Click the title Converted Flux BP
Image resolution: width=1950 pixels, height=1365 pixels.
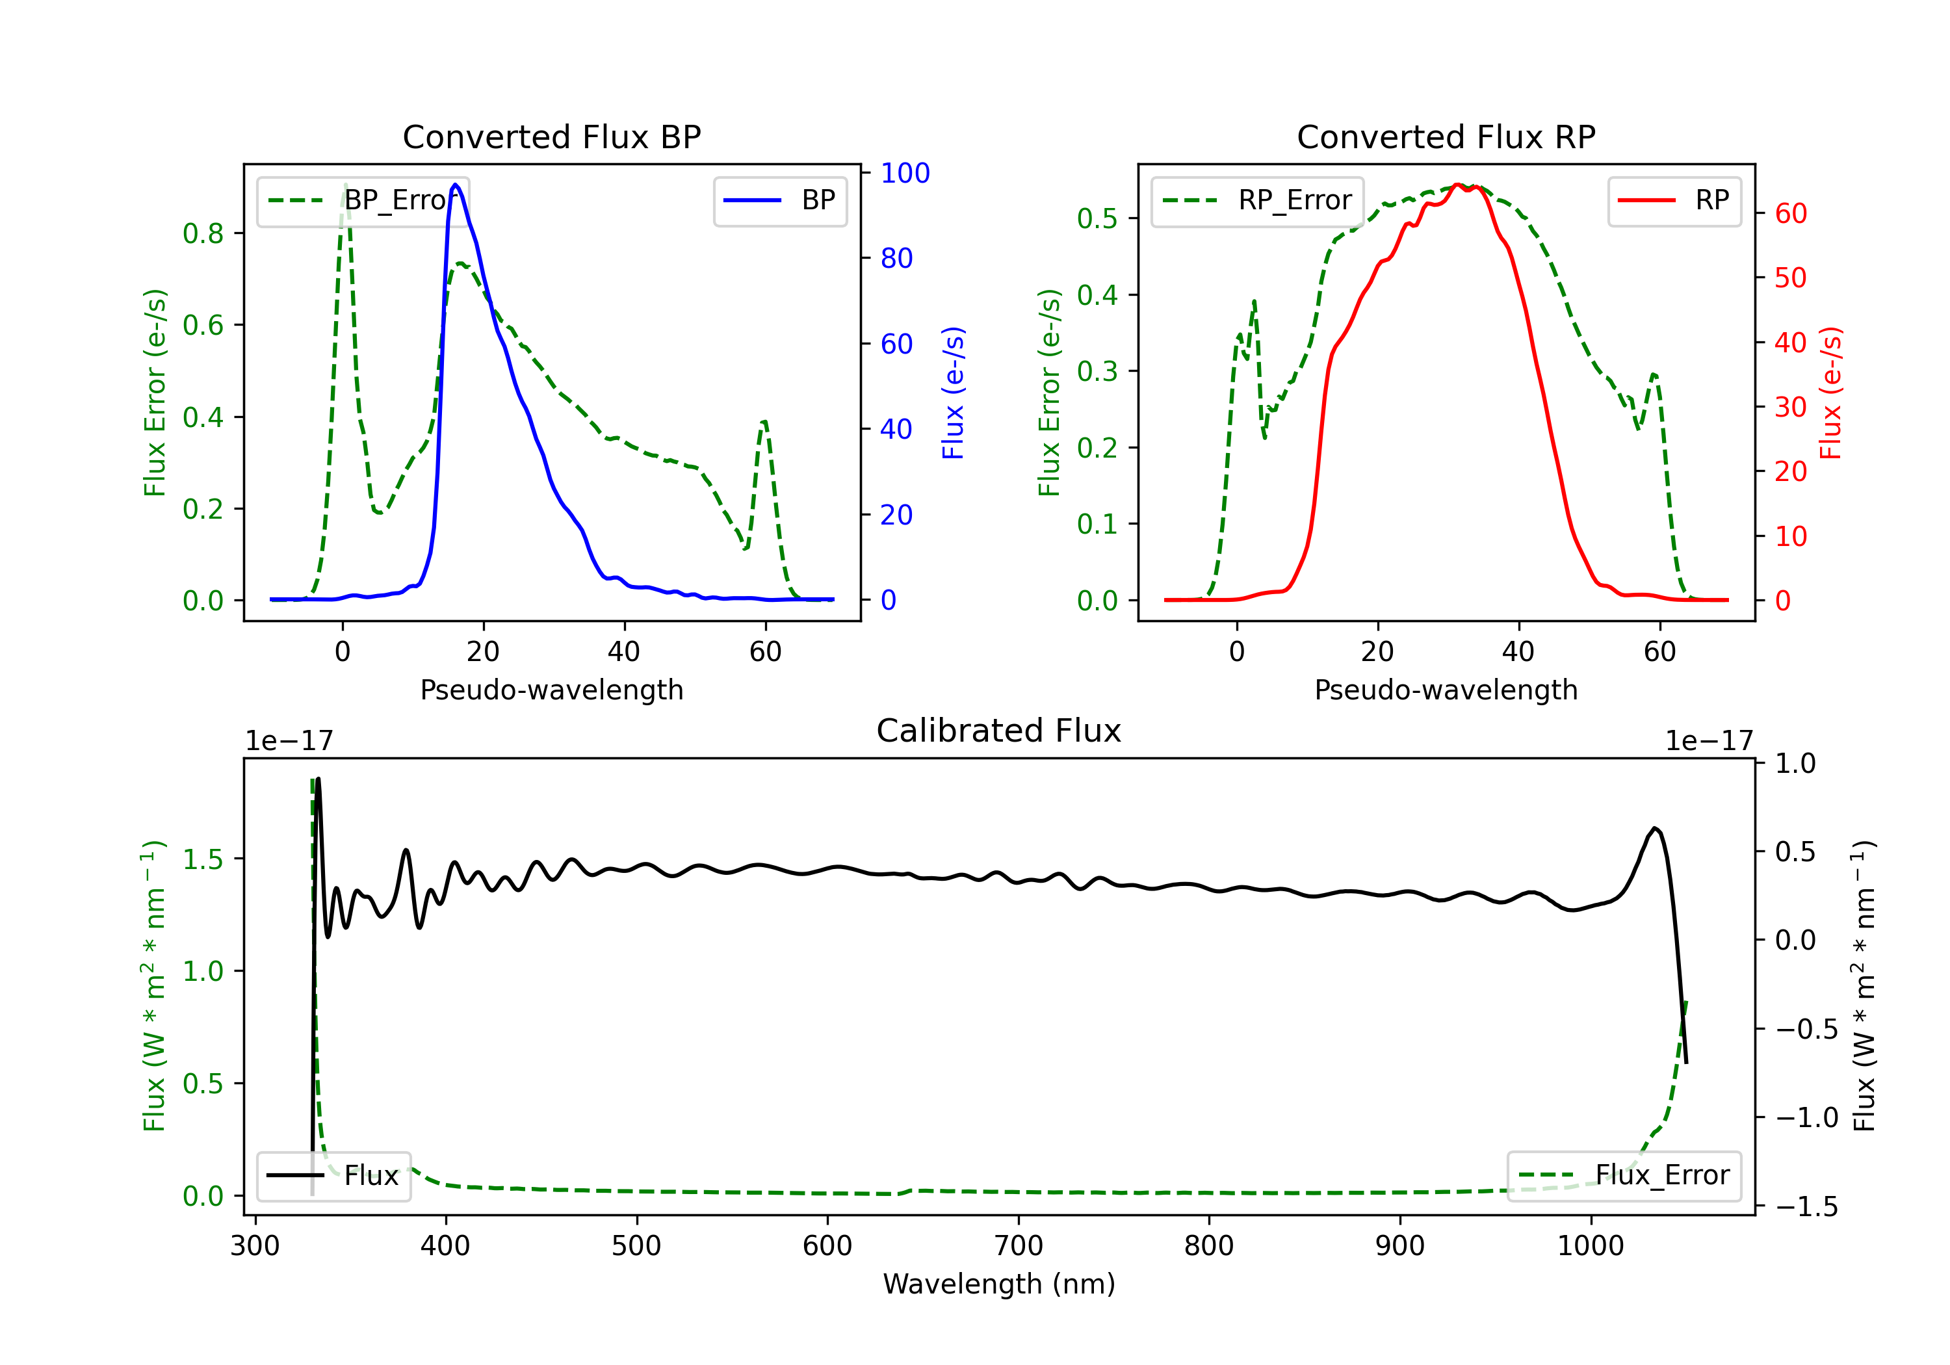pos(551,136)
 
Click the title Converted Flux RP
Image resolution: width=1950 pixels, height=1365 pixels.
pos(1446,136)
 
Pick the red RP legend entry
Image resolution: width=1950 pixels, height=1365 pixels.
pos(1674,200)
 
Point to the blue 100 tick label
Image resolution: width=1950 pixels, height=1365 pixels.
pos(905,174)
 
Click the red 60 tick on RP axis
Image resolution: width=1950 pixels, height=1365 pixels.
pos(1790,214)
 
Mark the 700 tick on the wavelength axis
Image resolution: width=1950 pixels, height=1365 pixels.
pos(1019,1246)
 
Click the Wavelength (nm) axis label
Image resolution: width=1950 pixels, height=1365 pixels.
pos(999,1284)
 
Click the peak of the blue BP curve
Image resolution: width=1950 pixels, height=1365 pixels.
pos(456,185)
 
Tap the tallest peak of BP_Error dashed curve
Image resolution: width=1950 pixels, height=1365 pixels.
pos(344,185)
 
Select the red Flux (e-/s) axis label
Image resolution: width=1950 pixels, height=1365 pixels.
pos(1830,393)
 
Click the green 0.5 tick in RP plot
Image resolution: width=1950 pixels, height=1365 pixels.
pos(1097,219)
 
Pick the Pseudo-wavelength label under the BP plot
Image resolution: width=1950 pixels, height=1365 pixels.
pos(551,690)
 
